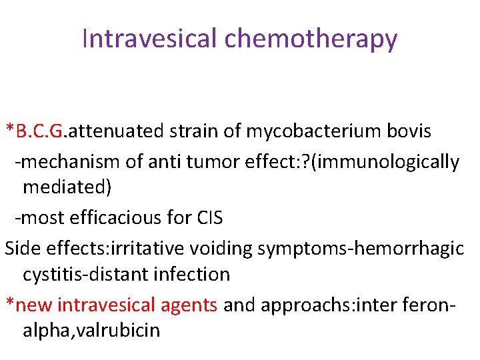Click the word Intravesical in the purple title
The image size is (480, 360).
(151, 39)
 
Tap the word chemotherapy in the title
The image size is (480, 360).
(311, 39)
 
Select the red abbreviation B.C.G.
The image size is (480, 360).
(39, 131)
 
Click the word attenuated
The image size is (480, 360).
(115, 131)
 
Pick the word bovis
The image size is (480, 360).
(409, 131)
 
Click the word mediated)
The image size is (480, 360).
(67, 187)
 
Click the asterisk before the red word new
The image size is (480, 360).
(9, 303)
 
